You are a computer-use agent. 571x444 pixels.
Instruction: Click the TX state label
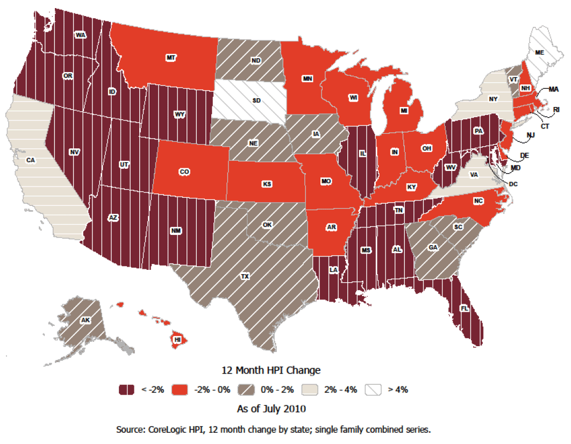pyautogui.click(x=245, y=276)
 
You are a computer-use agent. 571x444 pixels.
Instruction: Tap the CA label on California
pyautogui.click(x=31, y=160)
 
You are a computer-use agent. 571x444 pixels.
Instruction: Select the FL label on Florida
pyautogui.click(x=464, y=309)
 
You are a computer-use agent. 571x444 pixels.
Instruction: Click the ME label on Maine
pyautogui.click(x=539, y=52)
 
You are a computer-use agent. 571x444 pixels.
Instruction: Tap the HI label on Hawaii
pyautogui.click(x=176, y=340)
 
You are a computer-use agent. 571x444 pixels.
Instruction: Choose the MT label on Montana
pyautogui.click(x=171, y=57)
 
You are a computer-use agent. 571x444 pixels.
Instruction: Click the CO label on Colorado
pyautogui.click(x=184, y=172)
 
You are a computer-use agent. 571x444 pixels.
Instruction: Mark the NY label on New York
pyautogui.click(x=493, y=99)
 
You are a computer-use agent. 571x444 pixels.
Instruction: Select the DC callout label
pyautogui.click(x=513, y=184)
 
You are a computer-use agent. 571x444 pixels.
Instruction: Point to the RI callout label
pyautogui.click(x=556, y=110)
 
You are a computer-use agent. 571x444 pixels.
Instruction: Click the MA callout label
pyautogui.click(x=554, y=89)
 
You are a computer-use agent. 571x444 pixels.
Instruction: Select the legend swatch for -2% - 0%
pyautogui.click(x=179, y=390)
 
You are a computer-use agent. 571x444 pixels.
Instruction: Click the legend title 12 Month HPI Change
pyautogui.click(x=271, y=370)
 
